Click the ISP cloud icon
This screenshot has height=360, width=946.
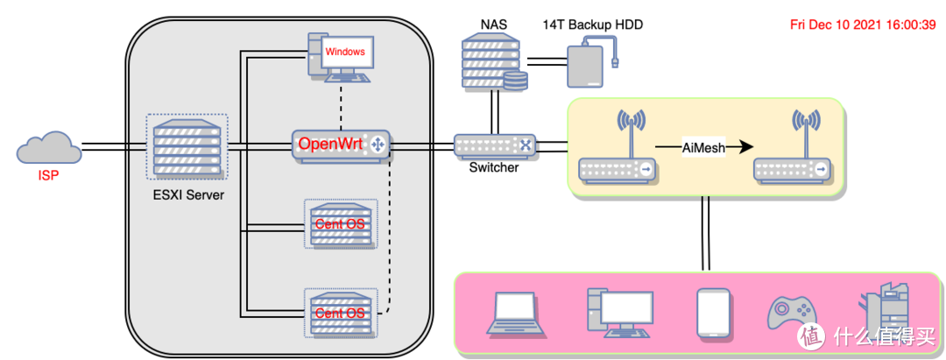pos(48,146)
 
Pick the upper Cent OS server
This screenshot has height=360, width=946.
pos(340,223)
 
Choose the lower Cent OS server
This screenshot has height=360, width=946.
pos(340,312)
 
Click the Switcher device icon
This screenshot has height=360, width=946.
pos(494,145)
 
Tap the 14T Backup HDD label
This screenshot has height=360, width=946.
pos(592,25)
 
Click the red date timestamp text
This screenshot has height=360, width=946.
pos(862,25)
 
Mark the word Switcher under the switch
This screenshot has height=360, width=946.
pos(494,167)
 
